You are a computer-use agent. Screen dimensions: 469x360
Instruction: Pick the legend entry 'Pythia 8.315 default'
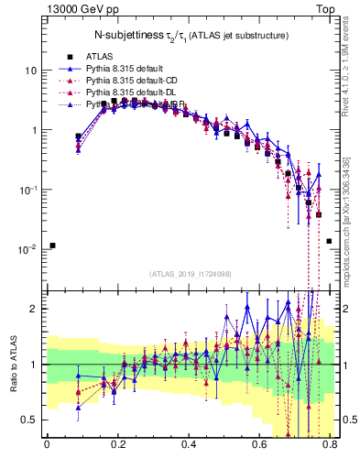point(127,69)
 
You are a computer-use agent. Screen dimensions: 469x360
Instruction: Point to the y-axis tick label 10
point(31,71)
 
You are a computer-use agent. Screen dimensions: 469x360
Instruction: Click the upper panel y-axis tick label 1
point(34,130)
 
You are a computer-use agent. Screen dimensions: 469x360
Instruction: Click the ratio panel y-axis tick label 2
point(34,309)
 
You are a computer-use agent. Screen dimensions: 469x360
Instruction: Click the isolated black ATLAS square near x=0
point(53,245)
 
